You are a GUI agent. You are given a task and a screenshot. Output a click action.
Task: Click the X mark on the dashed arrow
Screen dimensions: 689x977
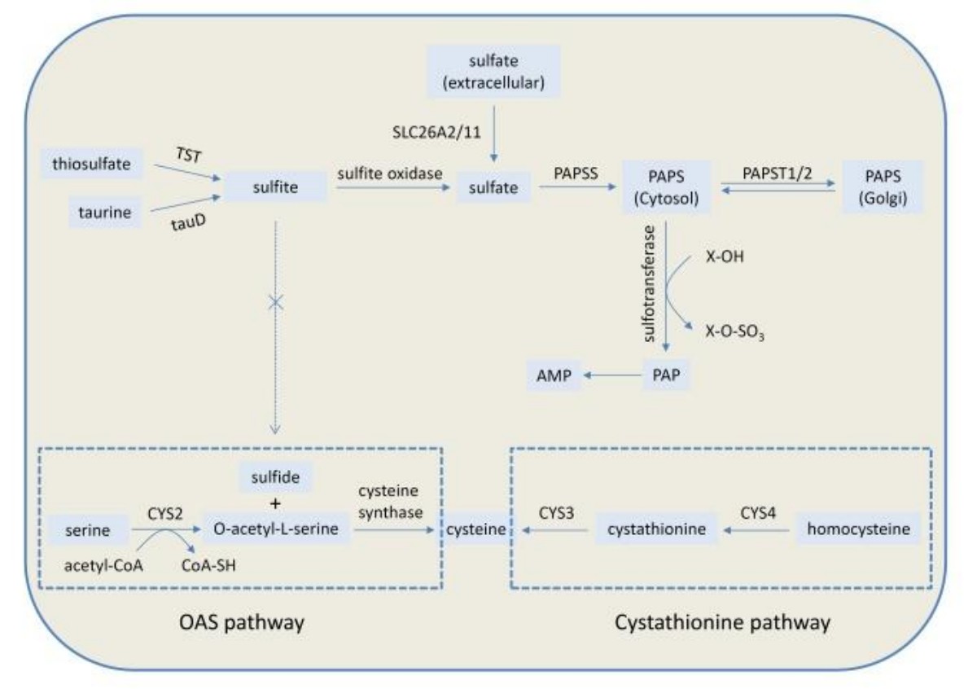click(275, 301)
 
